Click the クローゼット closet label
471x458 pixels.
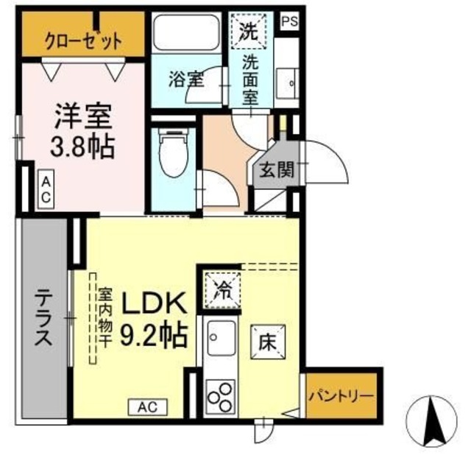(x=82, y=40)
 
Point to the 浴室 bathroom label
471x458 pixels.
(x=185, y=79)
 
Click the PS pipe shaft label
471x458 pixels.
(x=289, y=21)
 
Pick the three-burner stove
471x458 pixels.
(x=220, y=398)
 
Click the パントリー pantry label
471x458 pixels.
(x=341, y=395)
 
